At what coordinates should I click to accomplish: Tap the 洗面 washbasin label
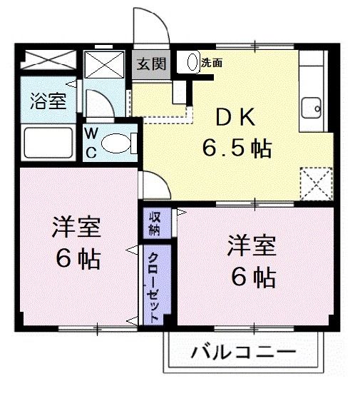212,62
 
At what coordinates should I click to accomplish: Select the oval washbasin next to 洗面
192,62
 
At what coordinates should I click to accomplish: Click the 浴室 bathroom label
48,101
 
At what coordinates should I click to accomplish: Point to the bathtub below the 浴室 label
49,141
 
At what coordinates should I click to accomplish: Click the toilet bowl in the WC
115,143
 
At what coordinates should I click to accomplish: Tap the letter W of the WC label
93,133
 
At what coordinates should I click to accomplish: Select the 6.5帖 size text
237,149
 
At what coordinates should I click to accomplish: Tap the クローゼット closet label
153,285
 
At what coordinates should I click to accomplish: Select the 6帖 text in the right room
252,277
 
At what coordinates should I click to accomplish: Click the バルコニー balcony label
242,353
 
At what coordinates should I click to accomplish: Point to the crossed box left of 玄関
105,64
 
